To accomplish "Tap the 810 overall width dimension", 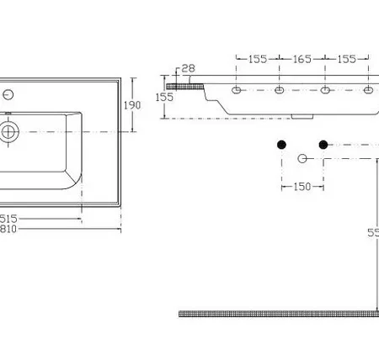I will [x=9, y=229].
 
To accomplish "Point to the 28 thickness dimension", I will [x=187, y=68].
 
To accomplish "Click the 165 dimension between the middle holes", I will [x=302, y=59].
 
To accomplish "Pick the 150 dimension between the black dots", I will [x=302, y=186].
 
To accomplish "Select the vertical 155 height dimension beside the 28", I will [x=165, y=98].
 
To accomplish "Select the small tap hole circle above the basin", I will [x=8, y=93].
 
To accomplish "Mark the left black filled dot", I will [x=281, y=145].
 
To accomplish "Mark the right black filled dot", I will [x=323, y=145].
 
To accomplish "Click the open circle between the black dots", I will [x=302, y=158].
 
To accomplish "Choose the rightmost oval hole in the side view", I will [x=368, y=90].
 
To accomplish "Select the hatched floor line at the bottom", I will [x=278, y=314].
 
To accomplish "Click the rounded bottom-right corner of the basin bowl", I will [x=74, y=180].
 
